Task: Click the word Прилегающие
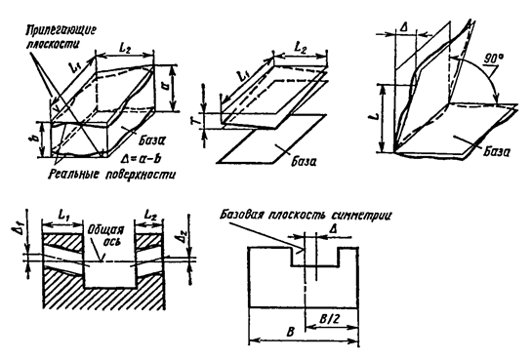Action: point(61,30)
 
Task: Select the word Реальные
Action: point(74,175)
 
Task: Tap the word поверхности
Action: point(141,175)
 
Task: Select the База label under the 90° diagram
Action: point(496,151)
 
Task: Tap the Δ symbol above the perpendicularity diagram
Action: point(404,27)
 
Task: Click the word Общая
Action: point(105,230)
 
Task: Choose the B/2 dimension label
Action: point(329,319)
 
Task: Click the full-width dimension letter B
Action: point(290,332)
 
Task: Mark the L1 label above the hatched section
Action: point(63,215)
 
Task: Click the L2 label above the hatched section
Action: point(150,215)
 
